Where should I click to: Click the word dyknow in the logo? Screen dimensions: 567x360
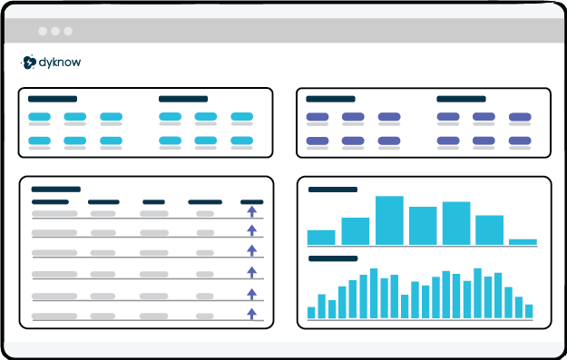pos(62,63)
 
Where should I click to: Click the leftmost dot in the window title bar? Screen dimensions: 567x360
pos(42,31)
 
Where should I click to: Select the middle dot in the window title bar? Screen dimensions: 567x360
pos(54,31)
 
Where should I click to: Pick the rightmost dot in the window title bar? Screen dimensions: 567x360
pos(67,31)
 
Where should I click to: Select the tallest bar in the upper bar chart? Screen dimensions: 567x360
pos(389,220)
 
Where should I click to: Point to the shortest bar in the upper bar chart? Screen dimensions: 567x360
pos(523,242)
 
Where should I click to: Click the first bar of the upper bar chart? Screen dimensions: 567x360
pos(321,237)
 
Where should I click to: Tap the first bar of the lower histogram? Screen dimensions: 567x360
pos(311,313)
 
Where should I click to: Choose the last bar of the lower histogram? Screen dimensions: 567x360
pos(528,311)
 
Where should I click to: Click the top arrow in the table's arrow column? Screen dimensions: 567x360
pos(252,211)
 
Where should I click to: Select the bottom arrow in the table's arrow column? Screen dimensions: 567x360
pos(252,314)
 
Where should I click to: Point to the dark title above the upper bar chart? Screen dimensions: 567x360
pos(333,190)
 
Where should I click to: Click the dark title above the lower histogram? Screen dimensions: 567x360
pos(333,258)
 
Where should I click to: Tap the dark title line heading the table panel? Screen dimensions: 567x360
pos(56,189)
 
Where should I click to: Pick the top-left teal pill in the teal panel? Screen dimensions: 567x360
pos(39,117)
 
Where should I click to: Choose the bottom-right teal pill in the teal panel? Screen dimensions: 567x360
pos(241,141)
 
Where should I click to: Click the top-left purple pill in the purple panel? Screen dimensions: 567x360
pos(317,117)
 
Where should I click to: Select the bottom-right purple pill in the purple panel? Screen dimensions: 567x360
pos(520,141)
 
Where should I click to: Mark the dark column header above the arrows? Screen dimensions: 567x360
pos(252,201)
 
